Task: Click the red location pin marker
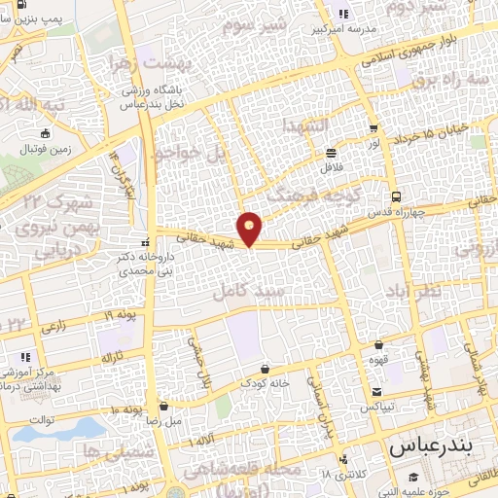click(x=250, y=228)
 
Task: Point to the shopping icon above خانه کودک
click(x=266, y=368)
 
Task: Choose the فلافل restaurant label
click(x=332, y=167)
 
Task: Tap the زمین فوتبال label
click(x=44, y=150)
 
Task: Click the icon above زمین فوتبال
click(x=44, y=134)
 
